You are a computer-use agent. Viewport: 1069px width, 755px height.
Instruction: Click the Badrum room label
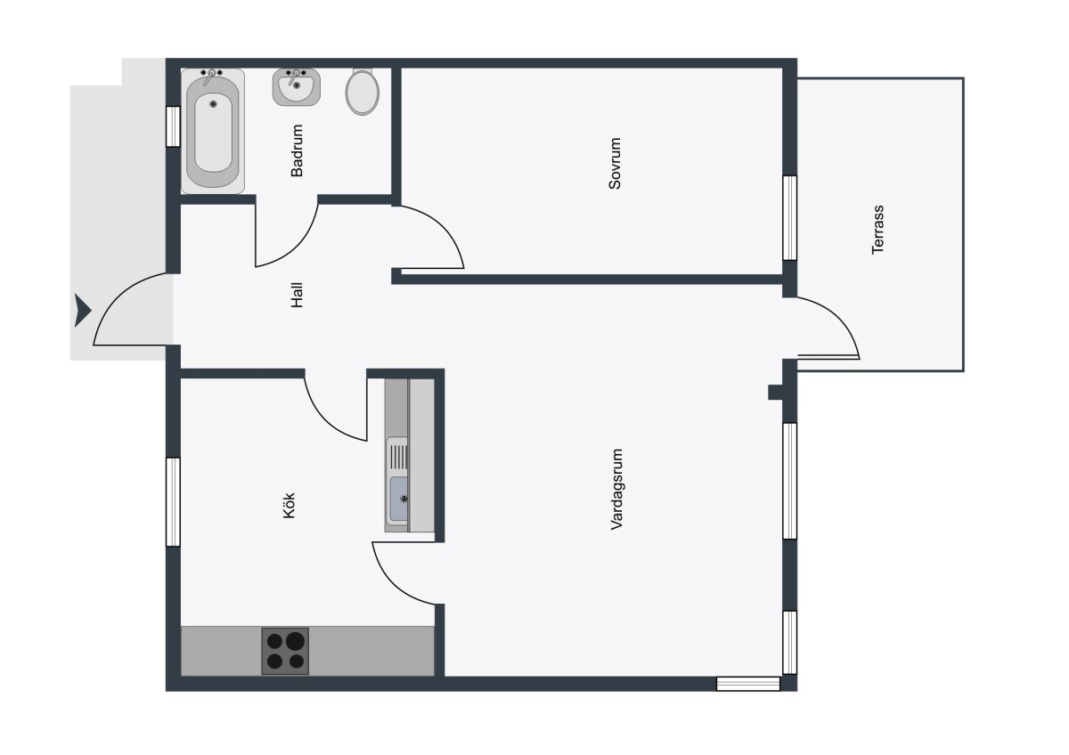click(297, 150)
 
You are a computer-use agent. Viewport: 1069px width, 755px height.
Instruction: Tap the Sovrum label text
click(615, 164)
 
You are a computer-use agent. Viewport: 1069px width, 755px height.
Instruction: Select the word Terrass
click(877, 230)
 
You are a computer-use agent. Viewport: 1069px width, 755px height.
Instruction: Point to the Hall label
click(297, 296)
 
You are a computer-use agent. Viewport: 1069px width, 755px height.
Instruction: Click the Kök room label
click(290, 506)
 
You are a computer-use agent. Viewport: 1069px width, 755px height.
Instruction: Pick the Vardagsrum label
click(616, 490)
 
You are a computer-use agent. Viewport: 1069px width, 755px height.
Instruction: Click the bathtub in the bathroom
click(213, 131)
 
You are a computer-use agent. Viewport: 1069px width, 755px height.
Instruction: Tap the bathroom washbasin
click(297, 86)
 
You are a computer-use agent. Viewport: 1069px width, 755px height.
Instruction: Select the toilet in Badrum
click(363, 92)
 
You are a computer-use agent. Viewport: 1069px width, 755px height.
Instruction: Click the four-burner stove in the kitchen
click(285, 651)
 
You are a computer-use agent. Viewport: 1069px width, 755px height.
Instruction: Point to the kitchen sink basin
click(398, 498)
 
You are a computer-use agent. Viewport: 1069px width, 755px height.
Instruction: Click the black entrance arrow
click(82, 311)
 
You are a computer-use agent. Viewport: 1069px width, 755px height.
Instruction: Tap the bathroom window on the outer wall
click(173, 126)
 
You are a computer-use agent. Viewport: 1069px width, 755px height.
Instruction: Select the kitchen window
click(173, 502)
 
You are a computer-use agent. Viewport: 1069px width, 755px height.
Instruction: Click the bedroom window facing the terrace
click(790, 218)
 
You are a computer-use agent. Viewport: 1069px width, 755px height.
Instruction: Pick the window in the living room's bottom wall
click(748, 684)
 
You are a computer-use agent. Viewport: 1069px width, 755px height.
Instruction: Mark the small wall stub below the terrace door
click(776, 393)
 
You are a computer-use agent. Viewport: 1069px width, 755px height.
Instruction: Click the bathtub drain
click(213, 103)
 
